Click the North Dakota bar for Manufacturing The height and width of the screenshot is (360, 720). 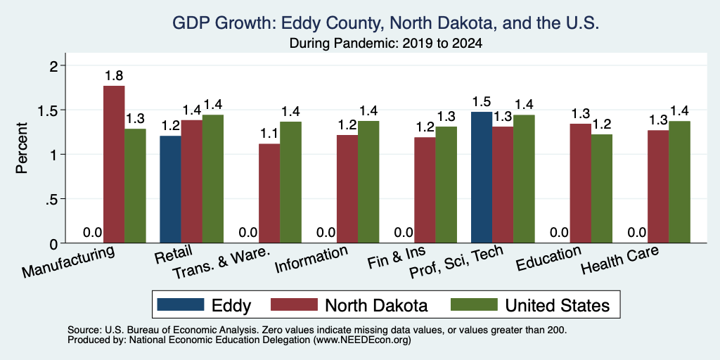coord(114,165)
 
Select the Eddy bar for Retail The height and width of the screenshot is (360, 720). coord(170,189)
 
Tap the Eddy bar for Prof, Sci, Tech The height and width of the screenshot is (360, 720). coord(482,177)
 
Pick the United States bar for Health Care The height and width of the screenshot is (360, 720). coord(680,182)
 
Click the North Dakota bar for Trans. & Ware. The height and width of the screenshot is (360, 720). coord(269,193)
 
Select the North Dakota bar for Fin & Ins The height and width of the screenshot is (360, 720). coord(425,190)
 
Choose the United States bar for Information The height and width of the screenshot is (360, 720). coord(368,182)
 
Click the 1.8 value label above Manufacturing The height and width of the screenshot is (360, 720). coord(113,76)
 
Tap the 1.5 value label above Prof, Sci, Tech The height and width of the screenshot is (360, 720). coord(482,101)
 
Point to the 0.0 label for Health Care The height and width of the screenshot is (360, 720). coord(637,232)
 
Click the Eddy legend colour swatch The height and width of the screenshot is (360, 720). coord(181,304)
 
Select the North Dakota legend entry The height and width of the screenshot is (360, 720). coord(349,305)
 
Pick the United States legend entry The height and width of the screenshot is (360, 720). coord(530,305)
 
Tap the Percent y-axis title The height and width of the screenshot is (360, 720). coord(22,148)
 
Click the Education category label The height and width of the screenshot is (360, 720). coord(548,259)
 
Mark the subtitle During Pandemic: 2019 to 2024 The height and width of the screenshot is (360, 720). coord(386,44)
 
